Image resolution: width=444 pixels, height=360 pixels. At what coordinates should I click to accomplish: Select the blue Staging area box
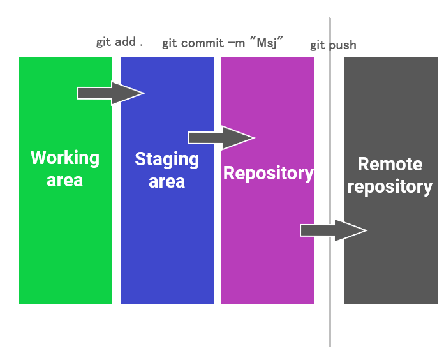pyautogui.click(x=166, y=243)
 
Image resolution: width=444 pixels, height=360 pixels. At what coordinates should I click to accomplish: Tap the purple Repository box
pyautogui.click(x=267, y=243)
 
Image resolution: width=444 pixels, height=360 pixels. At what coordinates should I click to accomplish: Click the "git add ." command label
pyautogui.click(x=119, y=42)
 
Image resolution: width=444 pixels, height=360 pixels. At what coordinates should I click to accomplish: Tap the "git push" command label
pyautogui.click(x=333, y=45)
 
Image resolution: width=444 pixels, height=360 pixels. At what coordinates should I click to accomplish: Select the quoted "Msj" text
pyautogui.click(x=267, y=43)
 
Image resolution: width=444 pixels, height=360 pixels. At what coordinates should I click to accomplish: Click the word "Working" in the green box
pyautogui.click(x=65, y=158)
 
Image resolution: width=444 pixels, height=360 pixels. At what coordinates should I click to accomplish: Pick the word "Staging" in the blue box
pyautogui.click(x=166, y=159)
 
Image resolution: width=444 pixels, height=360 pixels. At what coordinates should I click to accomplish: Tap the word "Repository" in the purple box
pyautogui.click(x=268, y=173)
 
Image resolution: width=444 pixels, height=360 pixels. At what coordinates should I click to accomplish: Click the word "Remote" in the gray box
pyautogui.click(x=390, y=164)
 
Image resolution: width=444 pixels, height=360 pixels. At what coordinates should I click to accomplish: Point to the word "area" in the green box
pyautogui.click(x=65, y=180)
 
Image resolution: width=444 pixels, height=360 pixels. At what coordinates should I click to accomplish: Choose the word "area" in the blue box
pyautogui.click(x=166, y=181)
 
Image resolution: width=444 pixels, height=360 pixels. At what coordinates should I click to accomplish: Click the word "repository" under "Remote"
pyautogui.click(x=390, y=187)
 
